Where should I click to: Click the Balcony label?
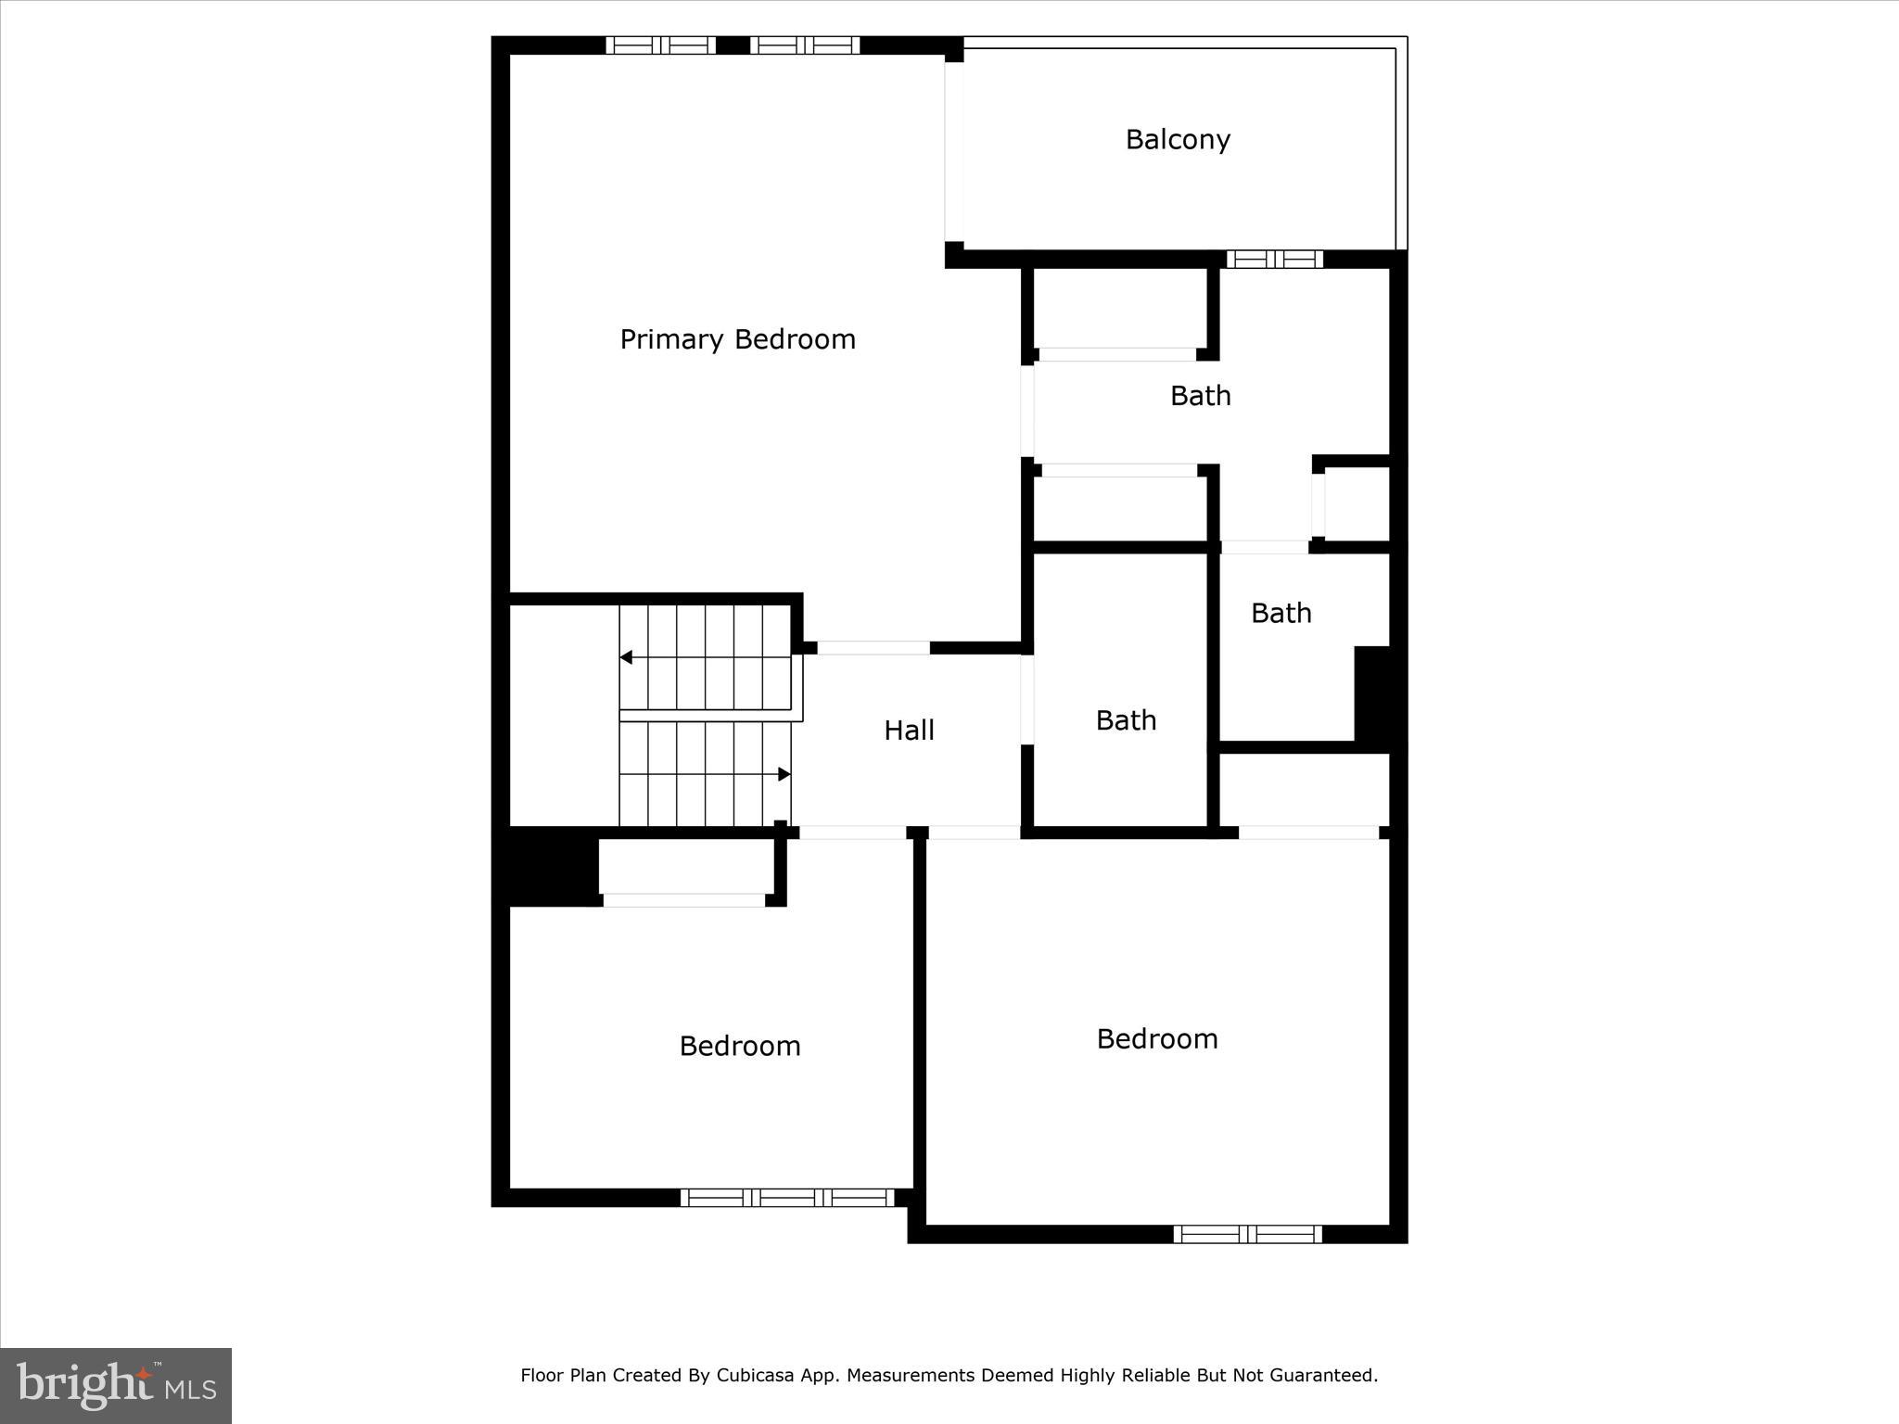click(1178, 140)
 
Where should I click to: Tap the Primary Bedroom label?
click(737, 339)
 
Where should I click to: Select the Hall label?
click(909, 731)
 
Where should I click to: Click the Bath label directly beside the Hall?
click(1126, 720)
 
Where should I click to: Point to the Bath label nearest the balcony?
click(1200, 396)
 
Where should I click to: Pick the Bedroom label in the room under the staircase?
click(739, 1046)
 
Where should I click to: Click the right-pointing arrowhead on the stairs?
click(784, 774)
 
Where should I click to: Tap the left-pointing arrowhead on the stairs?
click(626, 657)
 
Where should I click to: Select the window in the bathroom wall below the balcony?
click(1275, 260)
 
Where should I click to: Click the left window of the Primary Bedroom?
click(661, 45)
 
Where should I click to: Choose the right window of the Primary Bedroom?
click(805, 45)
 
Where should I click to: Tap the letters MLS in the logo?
click(191, 1389)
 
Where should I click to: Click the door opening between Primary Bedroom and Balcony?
click(954, 152)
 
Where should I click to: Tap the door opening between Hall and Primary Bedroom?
click(873, 648)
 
